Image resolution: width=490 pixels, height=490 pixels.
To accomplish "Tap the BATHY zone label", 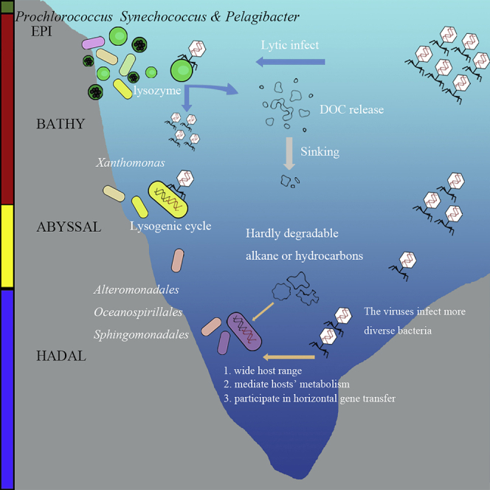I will (60, 124).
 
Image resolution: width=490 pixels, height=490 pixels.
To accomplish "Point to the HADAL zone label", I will (61, 356).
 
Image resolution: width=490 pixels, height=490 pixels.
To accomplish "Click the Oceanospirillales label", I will (138, 311).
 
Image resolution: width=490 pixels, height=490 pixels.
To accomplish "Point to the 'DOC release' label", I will (352, 109).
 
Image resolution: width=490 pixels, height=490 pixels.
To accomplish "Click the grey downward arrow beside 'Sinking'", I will (290, 151).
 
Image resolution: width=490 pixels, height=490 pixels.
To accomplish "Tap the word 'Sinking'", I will (320, 151).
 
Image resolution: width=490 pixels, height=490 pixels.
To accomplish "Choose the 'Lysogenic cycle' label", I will (170, 226).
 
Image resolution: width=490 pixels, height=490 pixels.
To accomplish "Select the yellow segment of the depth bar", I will (7, 245).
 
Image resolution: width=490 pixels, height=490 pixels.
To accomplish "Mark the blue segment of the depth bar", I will (7, 387).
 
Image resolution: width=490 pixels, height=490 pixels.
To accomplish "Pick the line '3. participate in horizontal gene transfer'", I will (309, 399).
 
